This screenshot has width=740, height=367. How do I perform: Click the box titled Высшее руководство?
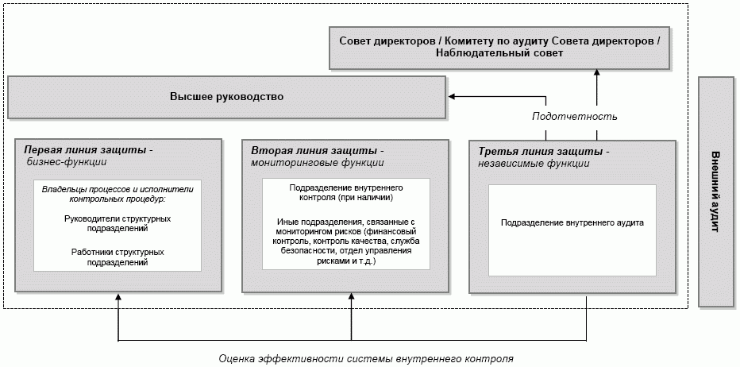[226, 97]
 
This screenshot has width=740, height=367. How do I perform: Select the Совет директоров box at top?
[499, 47]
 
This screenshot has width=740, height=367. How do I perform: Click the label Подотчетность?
[574, 116]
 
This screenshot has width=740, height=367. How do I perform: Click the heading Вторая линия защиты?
[318, 149]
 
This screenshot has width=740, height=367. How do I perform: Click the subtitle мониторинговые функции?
[317, 162]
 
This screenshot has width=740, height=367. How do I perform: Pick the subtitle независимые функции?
[534, 164]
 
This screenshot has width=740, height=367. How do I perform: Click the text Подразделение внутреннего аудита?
[572, 223]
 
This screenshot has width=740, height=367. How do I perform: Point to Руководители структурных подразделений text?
[117, 222]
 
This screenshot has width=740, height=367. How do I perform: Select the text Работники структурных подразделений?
[117, 257]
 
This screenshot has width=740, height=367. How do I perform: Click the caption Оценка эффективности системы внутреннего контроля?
[367, 358]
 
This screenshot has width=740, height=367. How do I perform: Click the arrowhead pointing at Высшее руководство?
[451, 97]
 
